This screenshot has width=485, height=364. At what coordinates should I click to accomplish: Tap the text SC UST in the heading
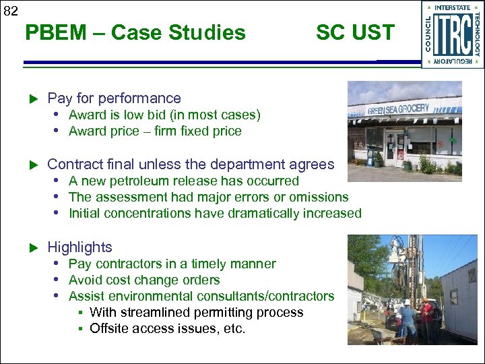click(355, 32)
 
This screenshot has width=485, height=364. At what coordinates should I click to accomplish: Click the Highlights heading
click(79, 247)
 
